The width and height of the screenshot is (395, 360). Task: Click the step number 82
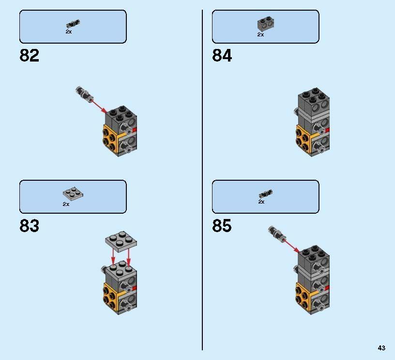29,55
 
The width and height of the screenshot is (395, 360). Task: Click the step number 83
29,226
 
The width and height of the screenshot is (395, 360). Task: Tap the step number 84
222,55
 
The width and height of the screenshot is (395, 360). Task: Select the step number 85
222,226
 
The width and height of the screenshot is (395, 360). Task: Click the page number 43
381,348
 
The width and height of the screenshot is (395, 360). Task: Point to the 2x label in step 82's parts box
69,32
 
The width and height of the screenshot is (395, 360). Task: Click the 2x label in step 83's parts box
66,204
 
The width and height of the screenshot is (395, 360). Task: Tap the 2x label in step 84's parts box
260,34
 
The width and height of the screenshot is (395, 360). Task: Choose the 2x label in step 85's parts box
261,202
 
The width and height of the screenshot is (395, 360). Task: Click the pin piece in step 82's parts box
73,24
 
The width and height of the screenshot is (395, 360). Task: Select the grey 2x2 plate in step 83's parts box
73,194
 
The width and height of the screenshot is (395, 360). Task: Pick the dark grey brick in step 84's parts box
266,24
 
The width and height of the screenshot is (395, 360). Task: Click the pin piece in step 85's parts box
266,194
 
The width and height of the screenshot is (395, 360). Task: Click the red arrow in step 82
99,106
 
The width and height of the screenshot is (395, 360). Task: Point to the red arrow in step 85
291,246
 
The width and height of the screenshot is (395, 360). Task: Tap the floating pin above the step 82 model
84,94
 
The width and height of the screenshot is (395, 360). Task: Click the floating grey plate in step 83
121,241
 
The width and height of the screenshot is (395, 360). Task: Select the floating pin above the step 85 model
277,234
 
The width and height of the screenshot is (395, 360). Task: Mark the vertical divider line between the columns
202,180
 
